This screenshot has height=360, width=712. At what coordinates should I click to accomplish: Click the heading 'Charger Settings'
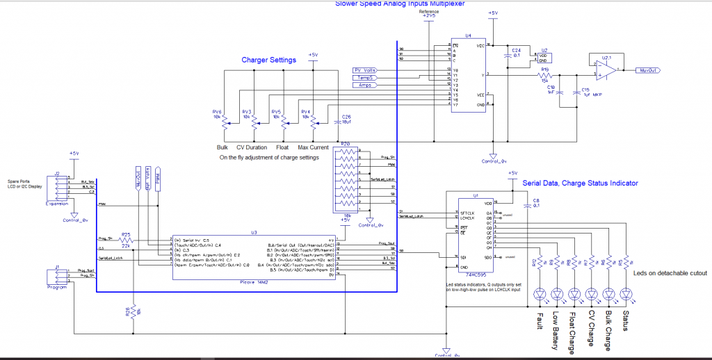pyautogui.click(x=268, y=60)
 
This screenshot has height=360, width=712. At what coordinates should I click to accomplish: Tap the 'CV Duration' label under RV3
pyautogui.click(x=251, y=147)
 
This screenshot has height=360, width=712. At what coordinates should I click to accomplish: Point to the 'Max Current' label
pyautogui.click(x=313, y=147)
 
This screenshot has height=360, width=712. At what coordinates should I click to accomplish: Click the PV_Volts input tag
pyautogui.click(x=366, y=70)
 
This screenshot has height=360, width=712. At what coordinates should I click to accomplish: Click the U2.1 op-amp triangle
pyautogui.click(x=604, y=69)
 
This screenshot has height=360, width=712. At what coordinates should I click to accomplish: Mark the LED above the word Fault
pyautogui.click(x=540, y=294)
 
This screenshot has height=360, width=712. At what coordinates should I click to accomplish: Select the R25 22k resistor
pyautogui.click(x=126, y=240)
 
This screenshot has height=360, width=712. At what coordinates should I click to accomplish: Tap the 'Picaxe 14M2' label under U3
pyautogui.click(x=254, y=282)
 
